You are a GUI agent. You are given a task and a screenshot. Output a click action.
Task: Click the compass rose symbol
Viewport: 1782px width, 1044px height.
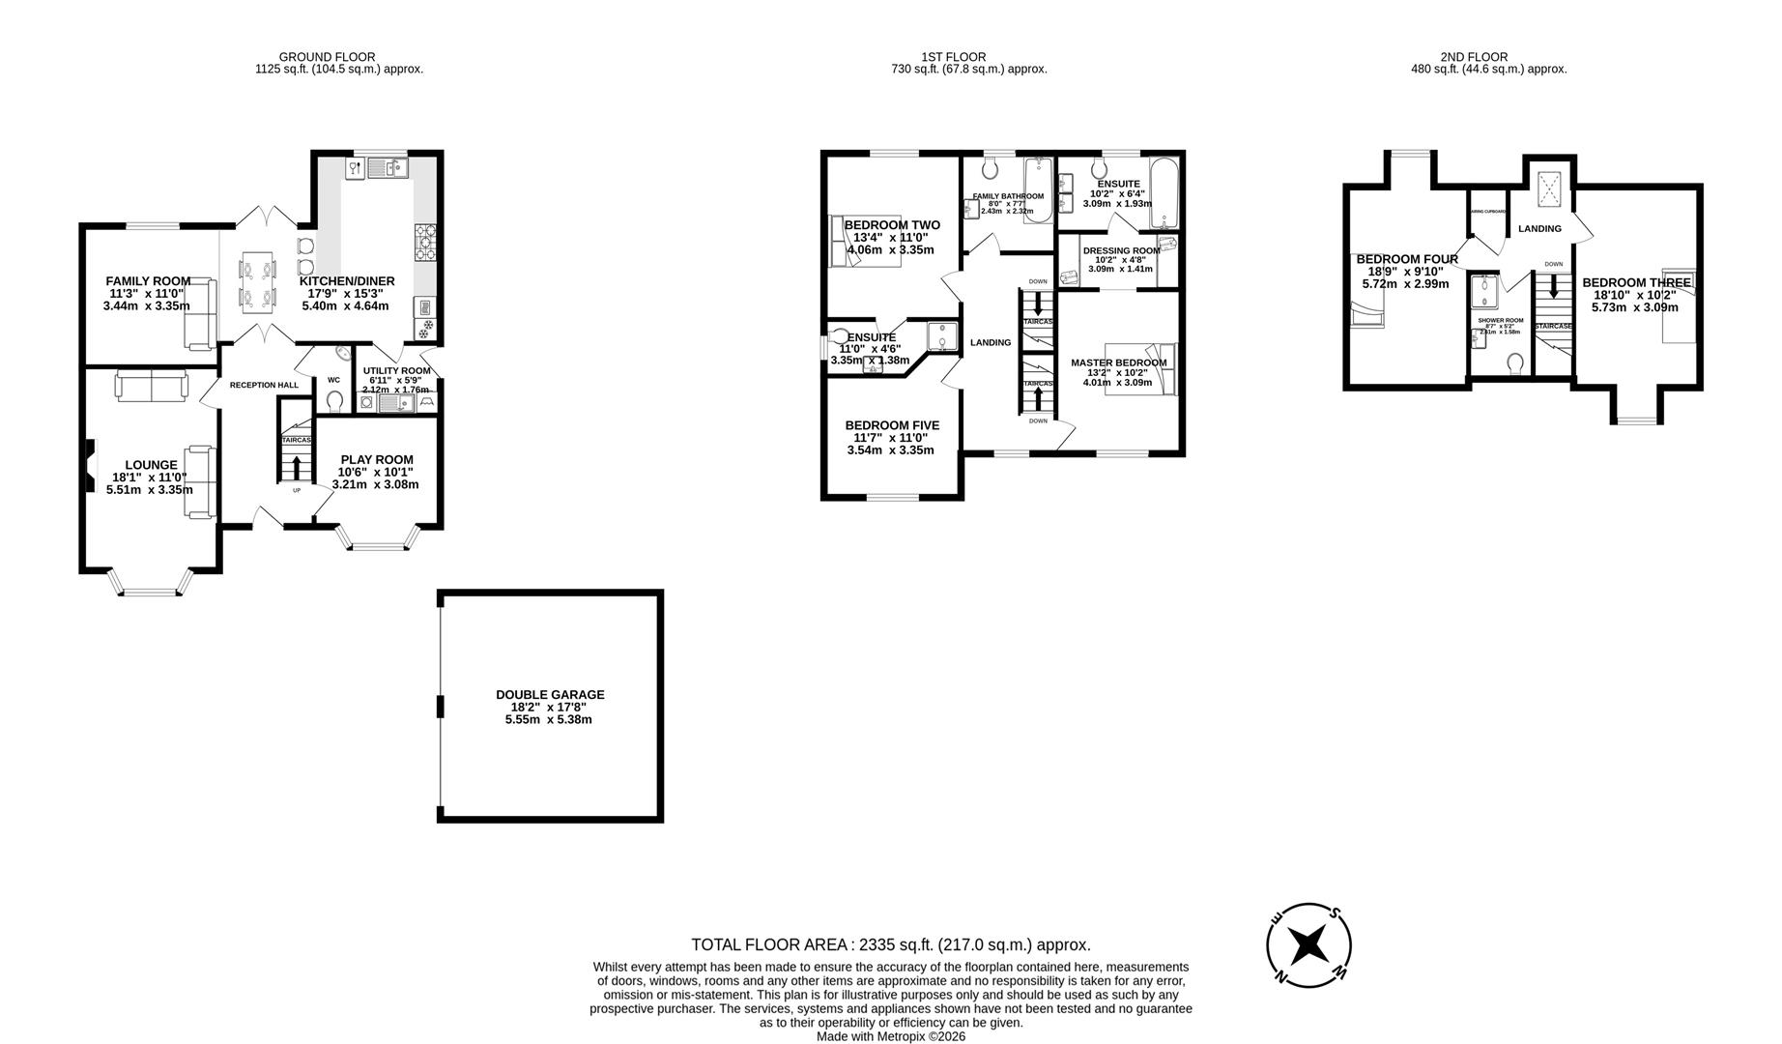pos(1308,944)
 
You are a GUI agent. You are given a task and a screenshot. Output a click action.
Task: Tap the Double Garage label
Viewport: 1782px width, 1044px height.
pos(550,707)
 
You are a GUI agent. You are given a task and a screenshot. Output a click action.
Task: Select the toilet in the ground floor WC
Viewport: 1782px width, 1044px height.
pos(335,400)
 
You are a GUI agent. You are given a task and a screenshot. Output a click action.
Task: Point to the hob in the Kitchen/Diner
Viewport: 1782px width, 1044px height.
pos(425,243)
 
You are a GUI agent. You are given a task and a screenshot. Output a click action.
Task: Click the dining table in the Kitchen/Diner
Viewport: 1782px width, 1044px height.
pos(257,279)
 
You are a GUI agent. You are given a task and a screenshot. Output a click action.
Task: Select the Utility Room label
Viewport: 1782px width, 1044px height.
pos(396,379)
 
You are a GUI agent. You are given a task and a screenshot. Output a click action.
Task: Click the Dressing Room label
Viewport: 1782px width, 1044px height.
pos(1121,258)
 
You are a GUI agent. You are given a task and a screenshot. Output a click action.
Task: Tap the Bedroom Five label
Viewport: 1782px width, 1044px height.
pos(891,437)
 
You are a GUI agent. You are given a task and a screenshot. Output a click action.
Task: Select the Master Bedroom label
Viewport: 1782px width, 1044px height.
pos(1118,372)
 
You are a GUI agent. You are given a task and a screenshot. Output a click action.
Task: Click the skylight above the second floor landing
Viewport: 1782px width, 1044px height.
pos(1550,187)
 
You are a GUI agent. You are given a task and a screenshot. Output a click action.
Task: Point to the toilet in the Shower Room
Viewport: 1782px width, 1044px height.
pos(1514,362)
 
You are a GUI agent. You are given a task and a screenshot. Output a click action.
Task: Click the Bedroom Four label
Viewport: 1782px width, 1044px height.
pos(1406,271)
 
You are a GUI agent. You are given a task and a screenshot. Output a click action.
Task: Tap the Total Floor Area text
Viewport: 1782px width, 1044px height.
pos(890,944)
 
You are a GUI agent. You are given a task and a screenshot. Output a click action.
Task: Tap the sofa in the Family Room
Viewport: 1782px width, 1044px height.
pos(201,314)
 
